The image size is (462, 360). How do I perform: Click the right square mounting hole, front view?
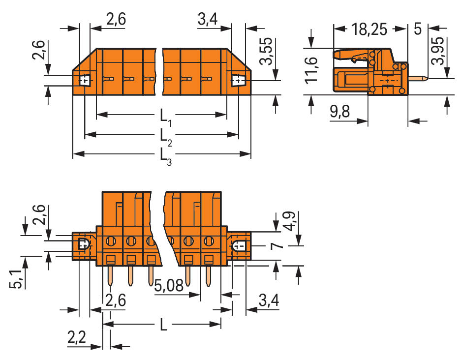[x=238, y=79]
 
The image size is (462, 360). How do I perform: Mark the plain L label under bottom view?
[x=163, y=325]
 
